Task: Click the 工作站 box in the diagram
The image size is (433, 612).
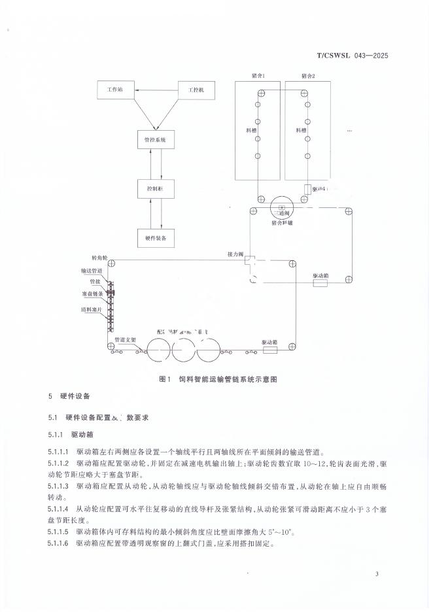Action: click(x=115, y=89)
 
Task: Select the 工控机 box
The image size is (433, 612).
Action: click(x=196, y=89)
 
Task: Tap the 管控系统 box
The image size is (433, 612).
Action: click(x=155, y=140)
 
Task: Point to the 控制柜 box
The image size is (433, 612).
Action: click(x=155, y=189)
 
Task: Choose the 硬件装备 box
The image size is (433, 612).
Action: click(x=155, y=239)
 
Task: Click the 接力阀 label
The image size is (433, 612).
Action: click(x=235, y=253)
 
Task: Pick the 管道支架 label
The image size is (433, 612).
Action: click(x=125, y=340)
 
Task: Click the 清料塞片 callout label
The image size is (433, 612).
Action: click(x=91, y=308)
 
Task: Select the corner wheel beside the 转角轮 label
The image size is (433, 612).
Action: click(x=111, y=263)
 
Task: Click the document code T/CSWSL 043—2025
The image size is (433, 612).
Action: click(x=353, y=56)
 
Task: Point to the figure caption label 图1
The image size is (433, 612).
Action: click(x=165, y=379)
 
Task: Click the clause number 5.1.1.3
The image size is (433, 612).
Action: click(x=60, y=487)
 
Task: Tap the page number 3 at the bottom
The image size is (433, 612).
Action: click(x=377, y=574)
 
